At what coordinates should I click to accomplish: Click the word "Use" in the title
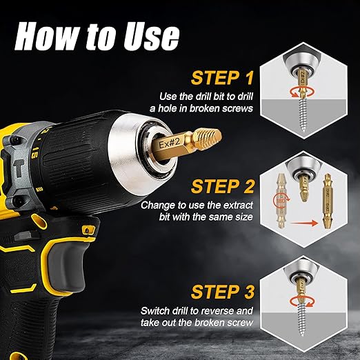click(x=151, y=36)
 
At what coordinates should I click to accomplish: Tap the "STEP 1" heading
click(x=222, y=78)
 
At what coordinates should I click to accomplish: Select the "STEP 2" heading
click(x=223, y=186)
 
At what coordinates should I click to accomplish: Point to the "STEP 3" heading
click(x=223, y=292)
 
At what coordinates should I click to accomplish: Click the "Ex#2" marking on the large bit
click(x=170, y=144)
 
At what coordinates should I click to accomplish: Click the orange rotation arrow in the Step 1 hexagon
click(x=302, y=92)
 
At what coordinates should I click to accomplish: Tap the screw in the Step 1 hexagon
click(x=303, y=114)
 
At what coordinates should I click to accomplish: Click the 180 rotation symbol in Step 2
click(x=281, y=201)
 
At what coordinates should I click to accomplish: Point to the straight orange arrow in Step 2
click(x=304, y=223)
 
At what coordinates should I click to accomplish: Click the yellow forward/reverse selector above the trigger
click(x=88, y=229)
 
